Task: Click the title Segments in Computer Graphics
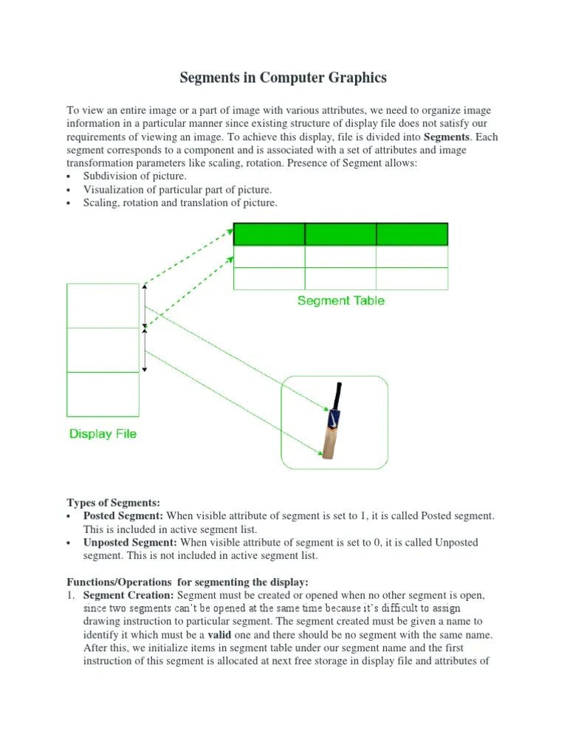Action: (x=283, y=78)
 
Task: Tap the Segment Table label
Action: (x=340, y=300)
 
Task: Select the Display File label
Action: (x=103, y=434)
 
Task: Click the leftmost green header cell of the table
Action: (x=269, y=234)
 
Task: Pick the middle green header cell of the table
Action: (x=340, y=234)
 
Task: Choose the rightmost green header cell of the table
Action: (x=412, y=234)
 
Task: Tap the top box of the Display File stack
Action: (x=103, y=306)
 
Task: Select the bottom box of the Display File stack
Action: (x=103, y=394)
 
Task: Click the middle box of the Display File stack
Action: (x=103, y=350)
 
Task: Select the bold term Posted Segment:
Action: (x=123, y=516)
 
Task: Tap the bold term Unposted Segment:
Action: (x=130, y=543)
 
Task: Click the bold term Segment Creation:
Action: (x=128, y=595)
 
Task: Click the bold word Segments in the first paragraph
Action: (x=446, y=137)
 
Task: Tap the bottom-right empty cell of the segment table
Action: (x=412, y=278)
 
